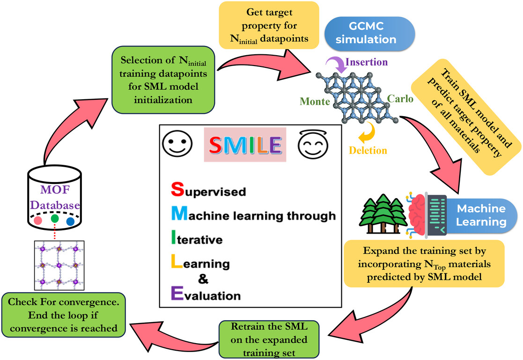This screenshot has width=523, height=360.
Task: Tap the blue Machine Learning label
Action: pyautogui.click(x=480, y=214)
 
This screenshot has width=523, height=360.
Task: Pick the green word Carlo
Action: pyautogui.click(x=400, y=99)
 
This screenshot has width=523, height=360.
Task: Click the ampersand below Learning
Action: pyautogui.click(x=202, y=279)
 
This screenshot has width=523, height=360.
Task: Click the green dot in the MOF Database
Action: pyautogui.click(x=55, y=218)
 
